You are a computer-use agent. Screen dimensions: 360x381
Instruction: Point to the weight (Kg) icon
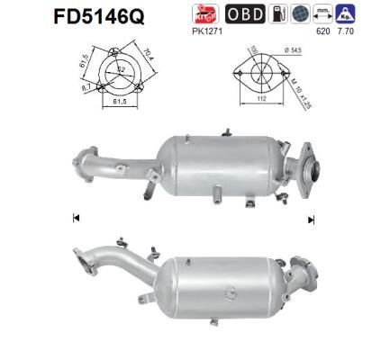click(346, 13)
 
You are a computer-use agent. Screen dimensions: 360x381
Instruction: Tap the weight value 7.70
click(346, 31)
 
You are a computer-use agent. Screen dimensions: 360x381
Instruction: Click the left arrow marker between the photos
click(75, 218)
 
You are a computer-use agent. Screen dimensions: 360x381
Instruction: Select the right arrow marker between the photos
click(310, 218)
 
